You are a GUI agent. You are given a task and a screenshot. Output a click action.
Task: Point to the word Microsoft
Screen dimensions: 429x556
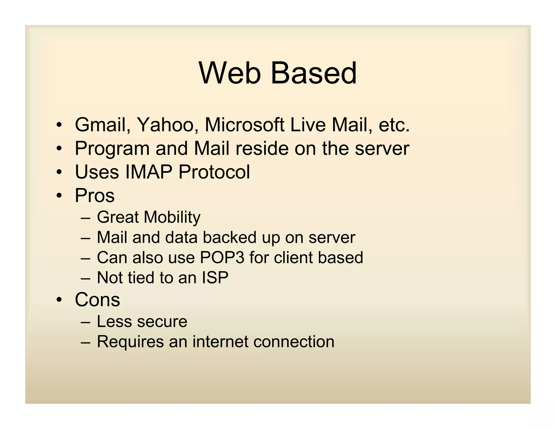tap(245, 125)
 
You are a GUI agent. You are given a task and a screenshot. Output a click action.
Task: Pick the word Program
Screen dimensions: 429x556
tap(112, 149)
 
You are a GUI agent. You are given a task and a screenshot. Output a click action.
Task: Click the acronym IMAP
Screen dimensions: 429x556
tap(149, 172)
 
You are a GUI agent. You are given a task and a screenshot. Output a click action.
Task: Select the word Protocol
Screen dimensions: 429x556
tap(214, 172)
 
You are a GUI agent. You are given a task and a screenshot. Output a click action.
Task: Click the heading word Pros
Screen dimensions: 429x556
tap(95, 196)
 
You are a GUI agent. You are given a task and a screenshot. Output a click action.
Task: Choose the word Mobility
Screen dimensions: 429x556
tap(172, 217)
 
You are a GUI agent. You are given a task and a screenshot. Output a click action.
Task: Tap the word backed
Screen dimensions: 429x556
tap(229, 237)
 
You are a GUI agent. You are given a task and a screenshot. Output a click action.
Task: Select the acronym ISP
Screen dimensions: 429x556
tap(215, 277)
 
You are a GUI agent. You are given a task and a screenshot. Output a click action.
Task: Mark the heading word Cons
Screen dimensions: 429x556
tap(97, 300)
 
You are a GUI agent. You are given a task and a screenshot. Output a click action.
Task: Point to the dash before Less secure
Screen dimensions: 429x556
tap(85, 322)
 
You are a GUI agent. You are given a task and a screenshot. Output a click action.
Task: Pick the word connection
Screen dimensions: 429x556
tap(294, 341)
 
